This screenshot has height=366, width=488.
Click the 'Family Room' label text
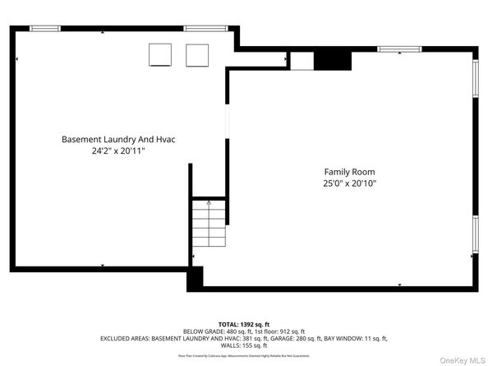click(350, 170)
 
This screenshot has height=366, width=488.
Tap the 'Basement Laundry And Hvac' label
click(118, 139)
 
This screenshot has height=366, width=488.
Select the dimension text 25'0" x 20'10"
click(350, 183)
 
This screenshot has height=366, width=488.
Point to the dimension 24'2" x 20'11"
click(118, 151)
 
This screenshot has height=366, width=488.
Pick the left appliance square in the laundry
click(160, 54)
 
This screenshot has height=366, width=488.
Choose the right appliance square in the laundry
click(197, 54)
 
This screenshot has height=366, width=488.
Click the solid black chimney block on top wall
click(333, 59)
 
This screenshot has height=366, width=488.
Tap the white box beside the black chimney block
click(302, 60)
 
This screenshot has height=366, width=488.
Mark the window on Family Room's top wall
click(399, 49)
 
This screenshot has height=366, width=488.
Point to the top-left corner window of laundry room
click(45, 29)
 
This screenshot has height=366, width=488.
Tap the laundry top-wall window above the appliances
click(199, 29)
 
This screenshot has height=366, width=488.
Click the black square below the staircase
click(195, 279)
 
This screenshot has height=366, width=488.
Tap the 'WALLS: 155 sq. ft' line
click(244, 345)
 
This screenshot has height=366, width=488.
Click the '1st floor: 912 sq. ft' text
click(277, 331)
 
